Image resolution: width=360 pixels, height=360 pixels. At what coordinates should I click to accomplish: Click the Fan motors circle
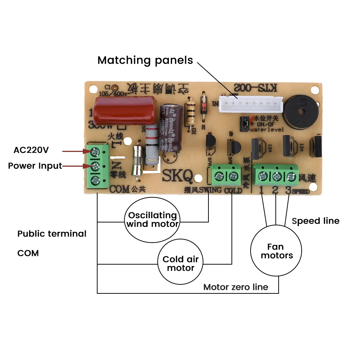276,251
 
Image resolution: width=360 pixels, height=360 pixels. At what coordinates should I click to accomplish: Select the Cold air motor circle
180,264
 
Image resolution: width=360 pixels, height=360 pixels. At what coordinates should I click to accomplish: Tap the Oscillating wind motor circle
152,220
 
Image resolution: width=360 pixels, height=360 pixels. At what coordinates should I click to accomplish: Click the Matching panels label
145,60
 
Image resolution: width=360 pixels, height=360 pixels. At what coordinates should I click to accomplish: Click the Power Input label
35,166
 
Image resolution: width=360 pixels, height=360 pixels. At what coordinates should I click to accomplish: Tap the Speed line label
315,221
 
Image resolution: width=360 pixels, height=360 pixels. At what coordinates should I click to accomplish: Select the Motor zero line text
235,287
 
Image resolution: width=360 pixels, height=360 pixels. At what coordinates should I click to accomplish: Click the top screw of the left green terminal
95,153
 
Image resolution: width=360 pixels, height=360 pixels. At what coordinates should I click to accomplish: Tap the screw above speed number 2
276,176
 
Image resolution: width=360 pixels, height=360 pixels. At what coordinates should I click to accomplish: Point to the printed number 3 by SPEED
288,190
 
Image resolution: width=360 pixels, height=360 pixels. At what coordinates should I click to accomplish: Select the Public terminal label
52,234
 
